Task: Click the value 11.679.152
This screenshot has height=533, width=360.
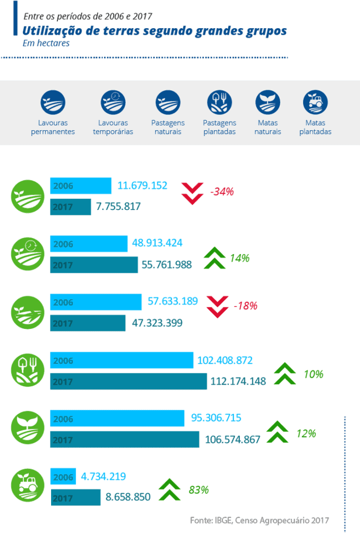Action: pyautogui.click(x=142, y=185)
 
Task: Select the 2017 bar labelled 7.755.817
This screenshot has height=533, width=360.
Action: pyautogui.click(x=71, y=207)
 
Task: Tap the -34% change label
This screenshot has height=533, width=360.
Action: pyautogui.click(x=222, y=192)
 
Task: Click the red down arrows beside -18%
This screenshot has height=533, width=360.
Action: pyautogui.click(x=218, y=306)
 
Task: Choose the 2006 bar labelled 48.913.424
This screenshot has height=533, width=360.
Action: pyautogui.click(x=89, y=244)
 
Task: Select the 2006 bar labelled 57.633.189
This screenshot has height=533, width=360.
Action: pyautogui.click(x=96, y=302)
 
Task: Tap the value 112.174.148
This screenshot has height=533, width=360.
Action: pyautogui.click(x=238, y=382)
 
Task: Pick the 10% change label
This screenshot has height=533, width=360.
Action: pyautogui.click(x=314, y=374)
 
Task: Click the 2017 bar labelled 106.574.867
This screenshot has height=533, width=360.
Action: pyautogui.click(x=125, y=439)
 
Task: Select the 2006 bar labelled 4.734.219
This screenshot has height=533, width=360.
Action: pyautogui.click(x=63, y=476)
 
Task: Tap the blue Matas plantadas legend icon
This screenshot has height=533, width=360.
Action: pyautogui.click(x=315, y=103)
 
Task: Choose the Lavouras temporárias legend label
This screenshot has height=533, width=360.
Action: pyautogui.click(x=113, y=128)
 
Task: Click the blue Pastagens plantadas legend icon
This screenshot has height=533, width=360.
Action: pyautogui.click(x=219, y=103)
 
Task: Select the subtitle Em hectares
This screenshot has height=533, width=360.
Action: pyautogui.click(x=46, y=44)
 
